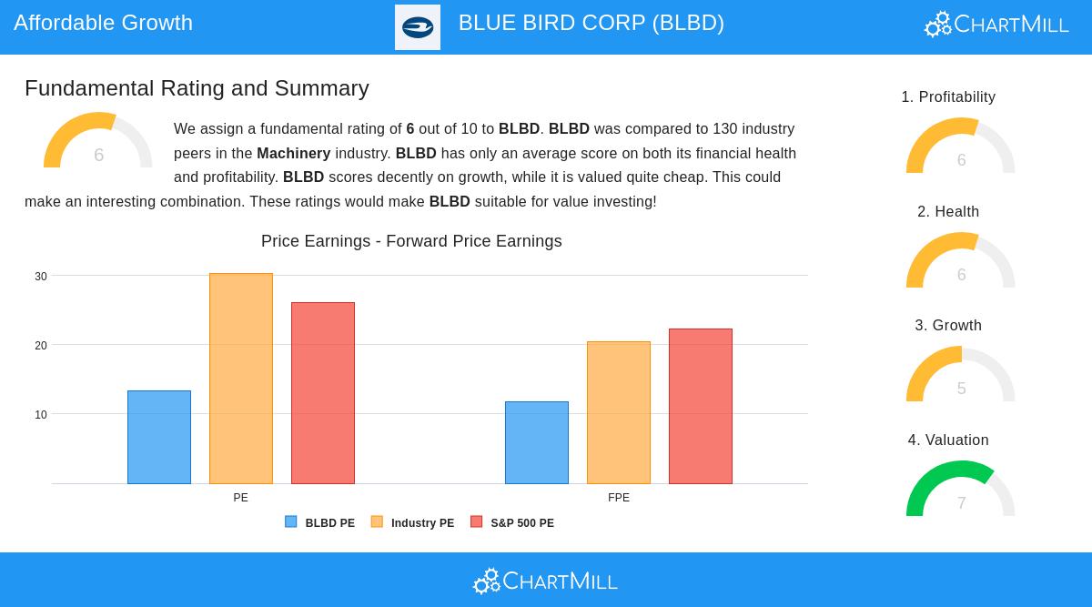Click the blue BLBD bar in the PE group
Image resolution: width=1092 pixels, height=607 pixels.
point(159,437)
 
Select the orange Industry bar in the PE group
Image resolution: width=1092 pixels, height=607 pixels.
point(241,379)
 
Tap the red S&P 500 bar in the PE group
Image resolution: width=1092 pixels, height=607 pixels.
point(323,393)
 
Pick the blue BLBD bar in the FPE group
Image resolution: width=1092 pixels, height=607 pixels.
point(537,442)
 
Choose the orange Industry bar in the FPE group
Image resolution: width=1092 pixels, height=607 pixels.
point(619,412)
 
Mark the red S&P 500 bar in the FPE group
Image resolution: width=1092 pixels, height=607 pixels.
point(701,406)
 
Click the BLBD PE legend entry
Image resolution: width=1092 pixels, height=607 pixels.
point(320,523)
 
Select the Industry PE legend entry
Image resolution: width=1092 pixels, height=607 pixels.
point(413,523)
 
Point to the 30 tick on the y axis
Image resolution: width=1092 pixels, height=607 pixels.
point(41,277)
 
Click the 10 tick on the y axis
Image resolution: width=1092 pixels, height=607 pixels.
point(41,415)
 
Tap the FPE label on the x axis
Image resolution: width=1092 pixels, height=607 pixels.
point(619,498)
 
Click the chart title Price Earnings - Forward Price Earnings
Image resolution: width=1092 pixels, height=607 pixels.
point(411,241)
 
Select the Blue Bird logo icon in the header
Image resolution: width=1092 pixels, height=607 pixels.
point(418,27)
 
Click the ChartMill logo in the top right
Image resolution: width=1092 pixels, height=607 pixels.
point(996,25)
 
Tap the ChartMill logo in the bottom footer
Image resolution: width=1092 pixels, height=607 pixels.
point(545,581)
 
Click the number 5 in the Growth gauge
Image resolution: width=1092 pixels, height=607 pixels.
point(961,389)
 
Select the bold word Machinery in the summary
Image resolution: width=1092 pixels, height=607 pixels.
point(293,154)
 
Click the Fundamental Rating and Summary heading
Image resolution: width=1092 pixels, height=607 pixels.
point(197,88)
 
